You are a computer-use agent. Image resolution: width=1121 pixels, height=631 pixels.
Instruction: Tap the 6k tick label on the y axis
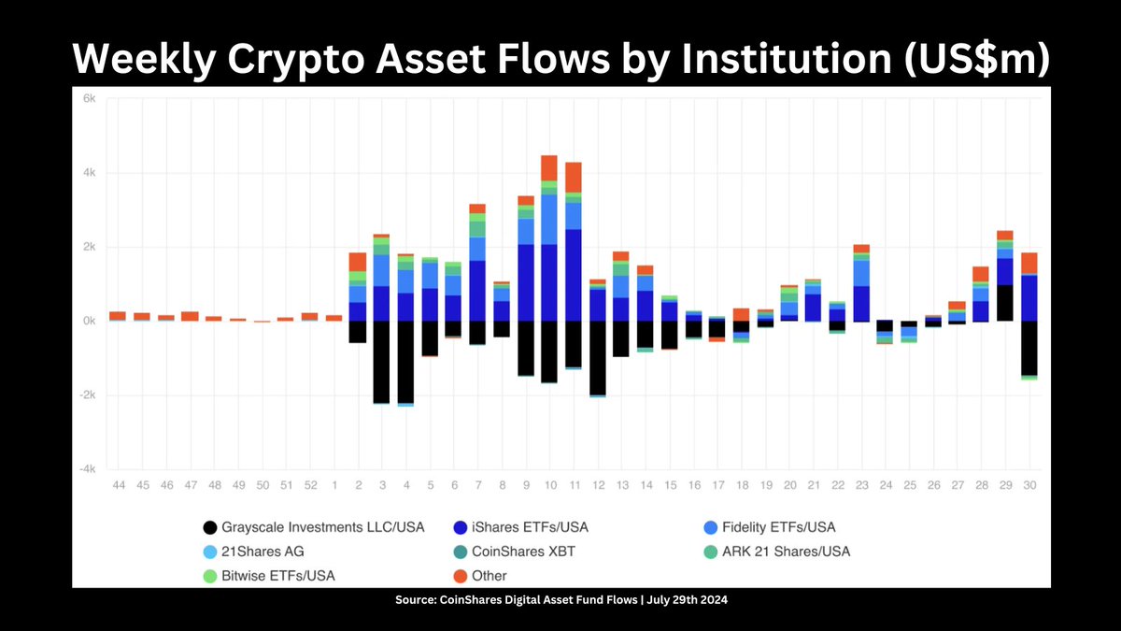tap(90, 99)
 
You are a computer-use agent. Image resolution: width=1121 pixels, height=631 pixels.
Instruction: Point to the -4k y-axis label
tap(88, 468)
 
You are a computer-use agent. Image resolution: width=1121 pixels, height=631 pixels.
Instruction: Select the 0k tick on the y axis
tap(90, 321)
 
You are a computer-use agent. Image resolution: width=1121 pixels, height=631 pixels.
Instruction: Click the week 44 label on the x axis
tap(119, 486)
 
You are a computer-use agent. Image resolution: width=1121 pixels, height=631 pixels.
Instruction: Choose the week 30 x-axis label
tap(1029, 486)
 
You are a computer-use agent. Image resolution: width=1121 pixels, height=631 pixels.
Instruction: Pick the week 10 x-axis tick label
tap(549, 486)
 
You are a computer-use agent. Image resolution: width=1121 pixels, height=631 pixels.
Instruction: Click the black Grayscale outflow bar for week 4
tap(405, 361)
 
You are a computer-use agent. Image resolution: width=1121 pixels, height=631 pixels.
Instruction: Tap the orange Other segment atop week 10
tap(549, 168)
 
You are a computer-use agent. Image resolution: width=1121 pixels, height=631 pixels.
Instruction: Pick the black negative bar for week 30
tap(1029, 348)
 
